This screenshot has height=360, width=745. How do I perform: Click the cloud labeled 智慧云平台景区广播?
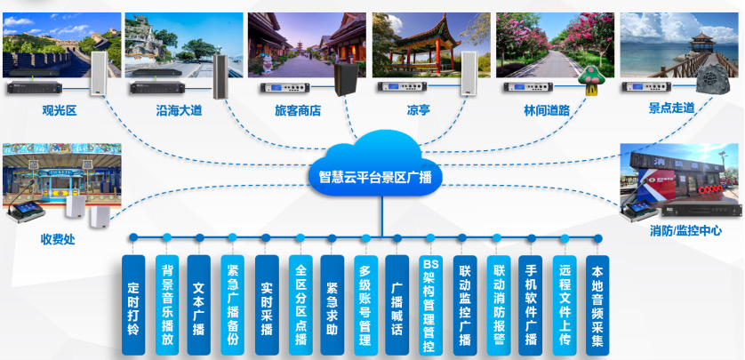[x=374, y=173]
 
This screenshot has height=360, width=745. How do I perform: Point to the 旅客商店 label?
[x=298, y=111]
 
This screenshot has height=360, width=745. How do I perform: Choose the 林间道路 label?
[x=547, y=111]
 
